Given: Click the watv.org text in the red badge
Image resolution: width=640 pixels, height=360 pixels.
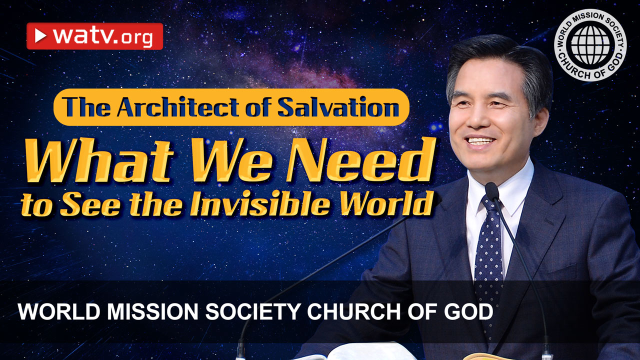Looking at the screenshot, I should [x=102, y=36].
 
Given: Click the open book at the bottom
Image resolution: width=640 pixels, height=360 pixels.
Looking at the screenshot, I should [x=345, y=356].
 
